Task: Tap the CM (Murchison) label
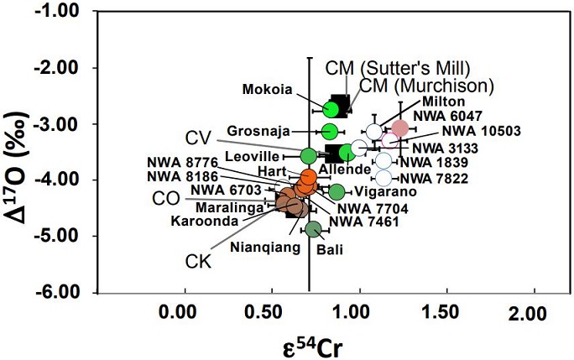point(426,85)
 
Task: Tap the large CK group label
point(197,263)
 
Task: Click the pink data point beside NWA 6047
point(400,128)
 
